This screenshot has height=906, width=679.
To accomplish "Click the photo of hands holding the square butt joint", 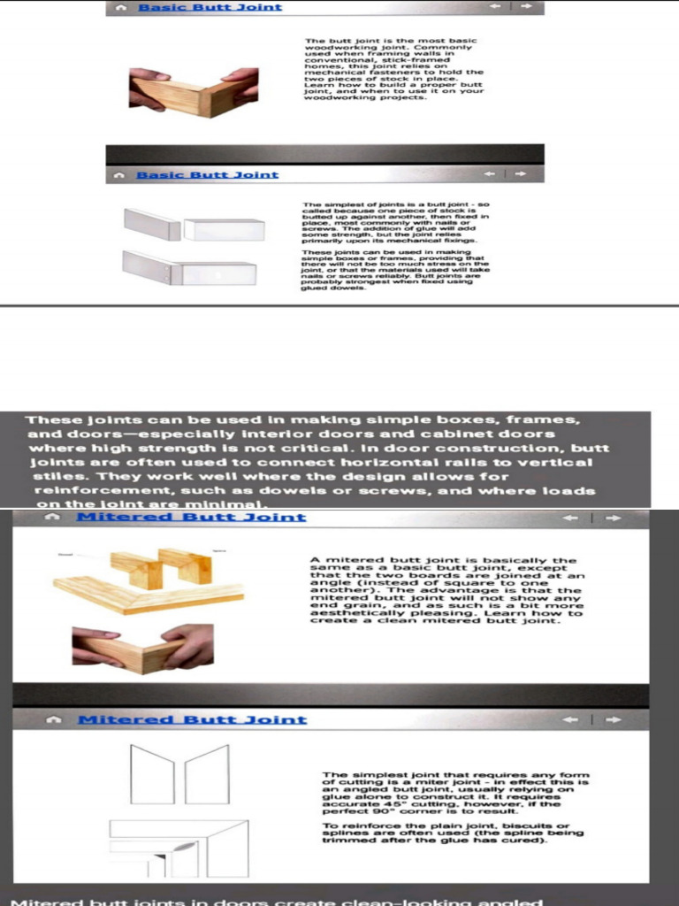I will [194, 90].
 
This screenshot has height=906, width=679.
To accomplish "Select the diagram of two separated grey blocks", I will [195, 226].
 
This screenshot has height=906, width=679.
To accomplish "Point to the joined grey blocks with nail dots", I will [190, 269].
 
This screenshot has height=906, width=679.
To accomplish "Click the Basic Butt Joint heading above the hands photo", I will [210, 7].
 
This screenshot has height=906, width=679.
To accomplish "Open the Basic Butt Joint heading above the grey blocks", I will [207, 175].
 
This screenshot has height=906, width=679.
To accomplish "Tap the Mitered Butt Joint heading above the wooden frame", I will [191, 517].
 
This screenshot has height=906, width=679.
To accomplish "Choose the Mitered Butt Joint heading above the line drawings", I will [192, 719].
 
